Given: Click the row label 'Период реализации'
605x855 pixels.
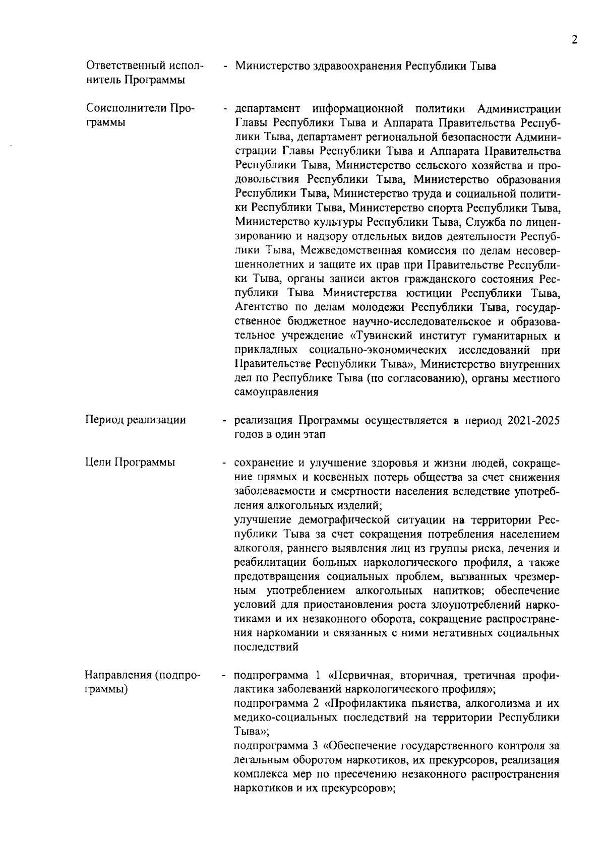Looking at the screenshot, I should [135, 420].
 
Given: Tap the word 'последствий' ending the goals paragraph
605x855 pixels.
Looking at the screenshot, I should [266, 647].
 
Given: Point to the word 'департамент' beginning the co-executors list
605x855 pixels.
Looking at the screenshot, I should [268, 109].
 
